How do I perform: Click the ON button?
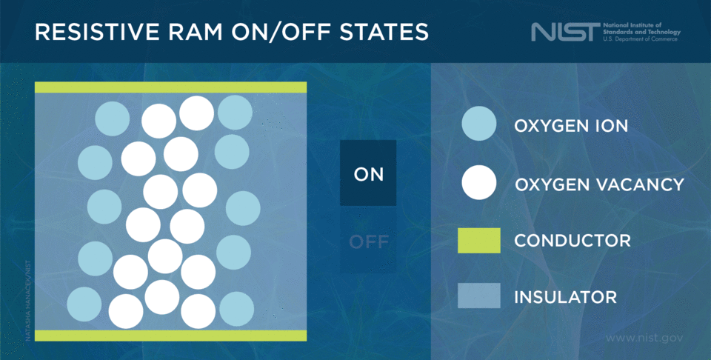[368, 174]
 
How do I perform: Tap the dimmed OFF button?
[368, 242]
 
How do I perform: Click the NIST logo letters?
[562, 32]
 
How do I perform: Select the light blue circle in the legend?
[478, 125]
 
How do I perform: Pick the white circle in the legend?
[478, 183]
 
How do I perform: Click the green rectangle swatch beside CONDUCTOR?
[478, 241]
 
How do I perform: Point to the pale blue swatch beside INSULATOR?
[478, 296]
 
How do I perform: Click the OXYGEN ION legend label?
[571, 126]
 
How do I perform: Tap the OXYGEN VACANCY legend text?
[599, 184]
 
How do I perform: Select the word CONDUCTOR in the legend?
[573, 241]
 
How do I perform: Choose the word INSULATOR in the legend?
[565, 297]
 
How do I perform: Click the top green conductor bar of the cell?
[170, 87]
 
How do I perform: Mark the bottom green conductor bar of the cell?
[170, 336]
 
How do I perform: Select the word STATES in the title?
[388, 32]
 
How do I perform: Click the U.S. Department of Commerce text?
[641, 39]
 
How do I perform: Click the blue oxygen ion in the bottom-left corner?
[84, 305]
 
